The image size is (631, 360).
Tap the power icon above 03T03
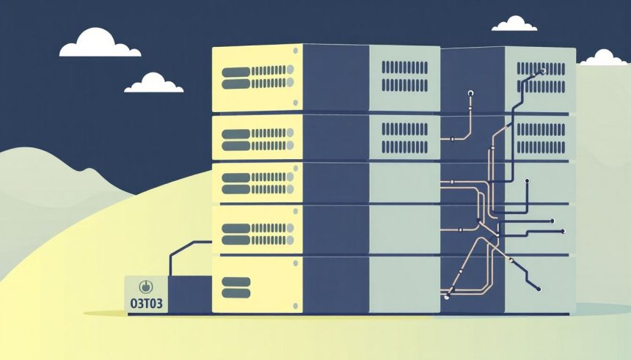tap(145, 286)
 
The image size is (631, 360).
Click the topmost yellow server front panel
tap(257, 77)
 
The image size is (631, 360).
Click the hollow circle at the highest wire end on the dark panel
tap(470, 93)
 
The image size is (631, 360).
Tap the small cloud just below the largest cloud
tap(153, 83)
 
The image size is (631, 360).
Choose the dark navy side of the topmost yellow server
tap(335, 77)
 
